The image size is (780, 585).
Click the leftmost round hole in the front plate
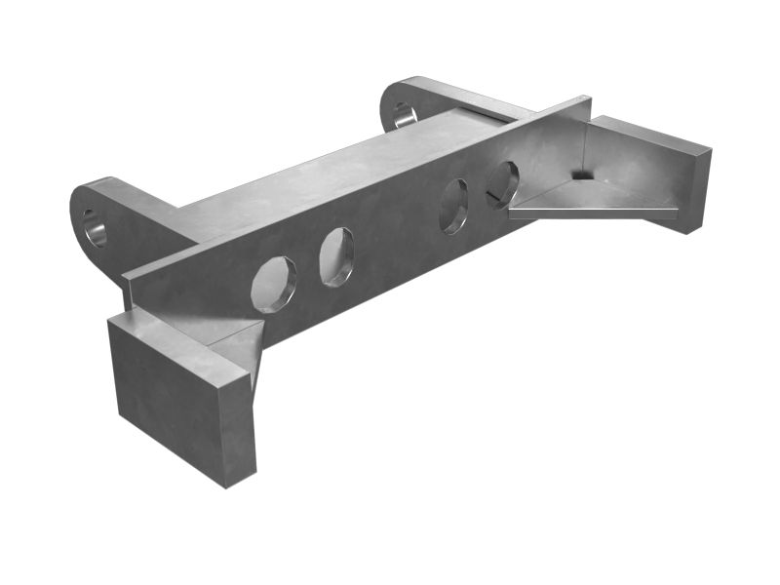point(273,284)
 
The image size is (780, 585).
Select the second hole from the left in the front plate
point(337,256)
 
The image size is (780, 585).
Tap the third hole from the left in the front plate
point(454,206)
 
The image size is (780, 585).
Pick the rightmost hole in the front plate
point(502,183)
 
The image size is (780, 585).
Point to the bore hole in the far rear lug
point(404,114)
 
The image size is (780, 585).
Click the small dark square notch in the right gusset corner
point(581,175)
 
